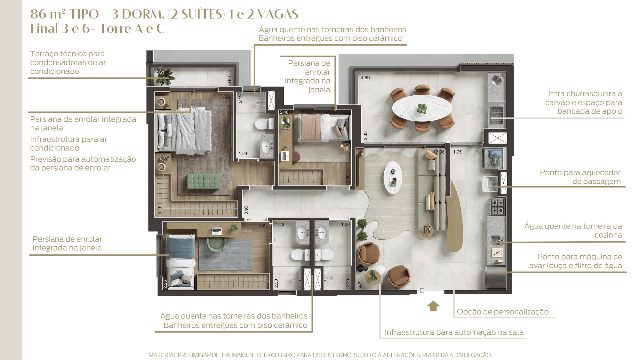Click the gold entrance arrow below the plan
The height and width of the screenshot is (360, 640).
pos(433,306)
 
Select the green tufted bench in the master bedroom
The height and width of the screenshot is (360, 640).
pos(204,181)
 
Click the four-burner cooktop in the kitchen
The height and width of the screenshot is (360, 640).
pos(498,206)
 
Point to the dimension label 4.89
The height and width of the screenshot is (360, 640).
pos(365,78)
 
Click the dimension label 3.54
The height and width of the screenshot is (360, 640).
pos(263,226)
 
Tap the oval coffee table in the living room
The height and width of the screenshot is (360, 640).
pos(393,177)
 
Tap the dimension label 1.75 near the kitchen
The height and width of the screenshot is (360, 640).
pos(457,152)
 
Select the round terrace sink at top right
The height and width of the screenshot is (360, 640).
pos(497,79)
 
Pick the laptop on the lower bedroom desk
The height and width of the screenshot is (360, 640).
pos(217,230)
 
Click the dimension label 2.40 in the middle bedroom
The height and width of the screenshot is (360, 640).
pos(284,112)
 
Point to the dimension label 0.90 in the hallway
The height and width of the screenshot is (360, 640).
pos(246,210)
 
